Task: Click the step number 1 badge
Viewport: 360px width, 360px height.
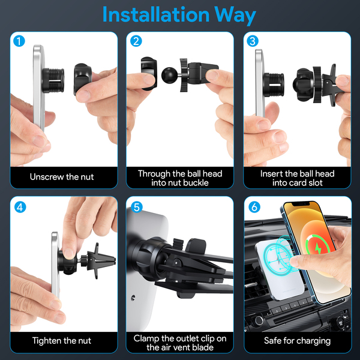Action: [19, 41]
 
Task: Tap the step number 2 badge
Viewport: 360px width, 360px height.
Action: [136, 41]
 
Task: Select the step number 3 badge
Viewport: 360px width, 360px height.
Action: [253, 41]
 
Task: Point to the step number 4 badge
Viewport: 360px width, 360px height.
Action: [20, 207]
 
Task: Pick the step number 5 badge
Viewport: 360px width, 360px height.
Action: [137, 207]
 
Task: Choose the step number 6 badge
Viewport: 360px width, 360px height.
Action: [254, 207]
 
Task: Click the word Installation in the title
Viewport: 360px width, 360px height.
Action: [156, 14]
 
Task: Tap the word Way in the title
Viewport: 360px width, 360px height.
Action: [235, 16]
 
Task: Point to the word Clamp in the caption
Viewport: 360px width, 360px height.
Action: [146, 338]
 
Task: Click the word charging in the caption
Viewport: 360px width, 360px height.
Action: [314, 341]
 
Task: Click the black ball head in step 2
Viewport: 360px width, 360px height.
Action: [169, 76]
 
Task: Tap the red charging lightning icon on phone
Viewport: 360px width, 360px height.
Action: [318, 248]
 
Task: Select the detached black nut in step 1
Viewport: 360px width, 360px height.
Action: [82, 79]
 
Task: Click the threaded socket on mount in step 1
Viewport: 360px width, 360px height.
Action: [53, 80]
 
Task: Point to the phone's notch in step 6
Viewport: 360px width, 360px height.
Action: [301, 204]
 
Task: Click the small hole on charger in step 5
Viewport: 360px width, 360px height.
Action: [133, 298]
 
